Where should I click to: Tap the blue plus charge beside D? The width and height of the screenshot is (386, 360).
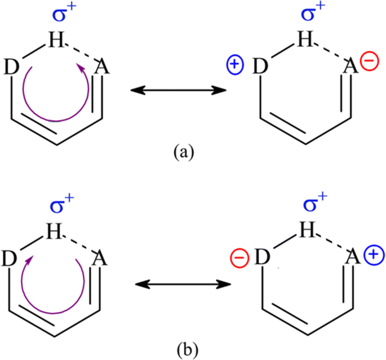[x=232, y=65]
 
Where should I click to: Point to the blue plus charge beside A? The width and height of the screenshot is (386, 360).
[x=370, y=256]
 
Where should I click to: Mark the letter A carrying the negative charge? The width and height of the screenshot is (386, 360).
[x=350, y=66]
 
